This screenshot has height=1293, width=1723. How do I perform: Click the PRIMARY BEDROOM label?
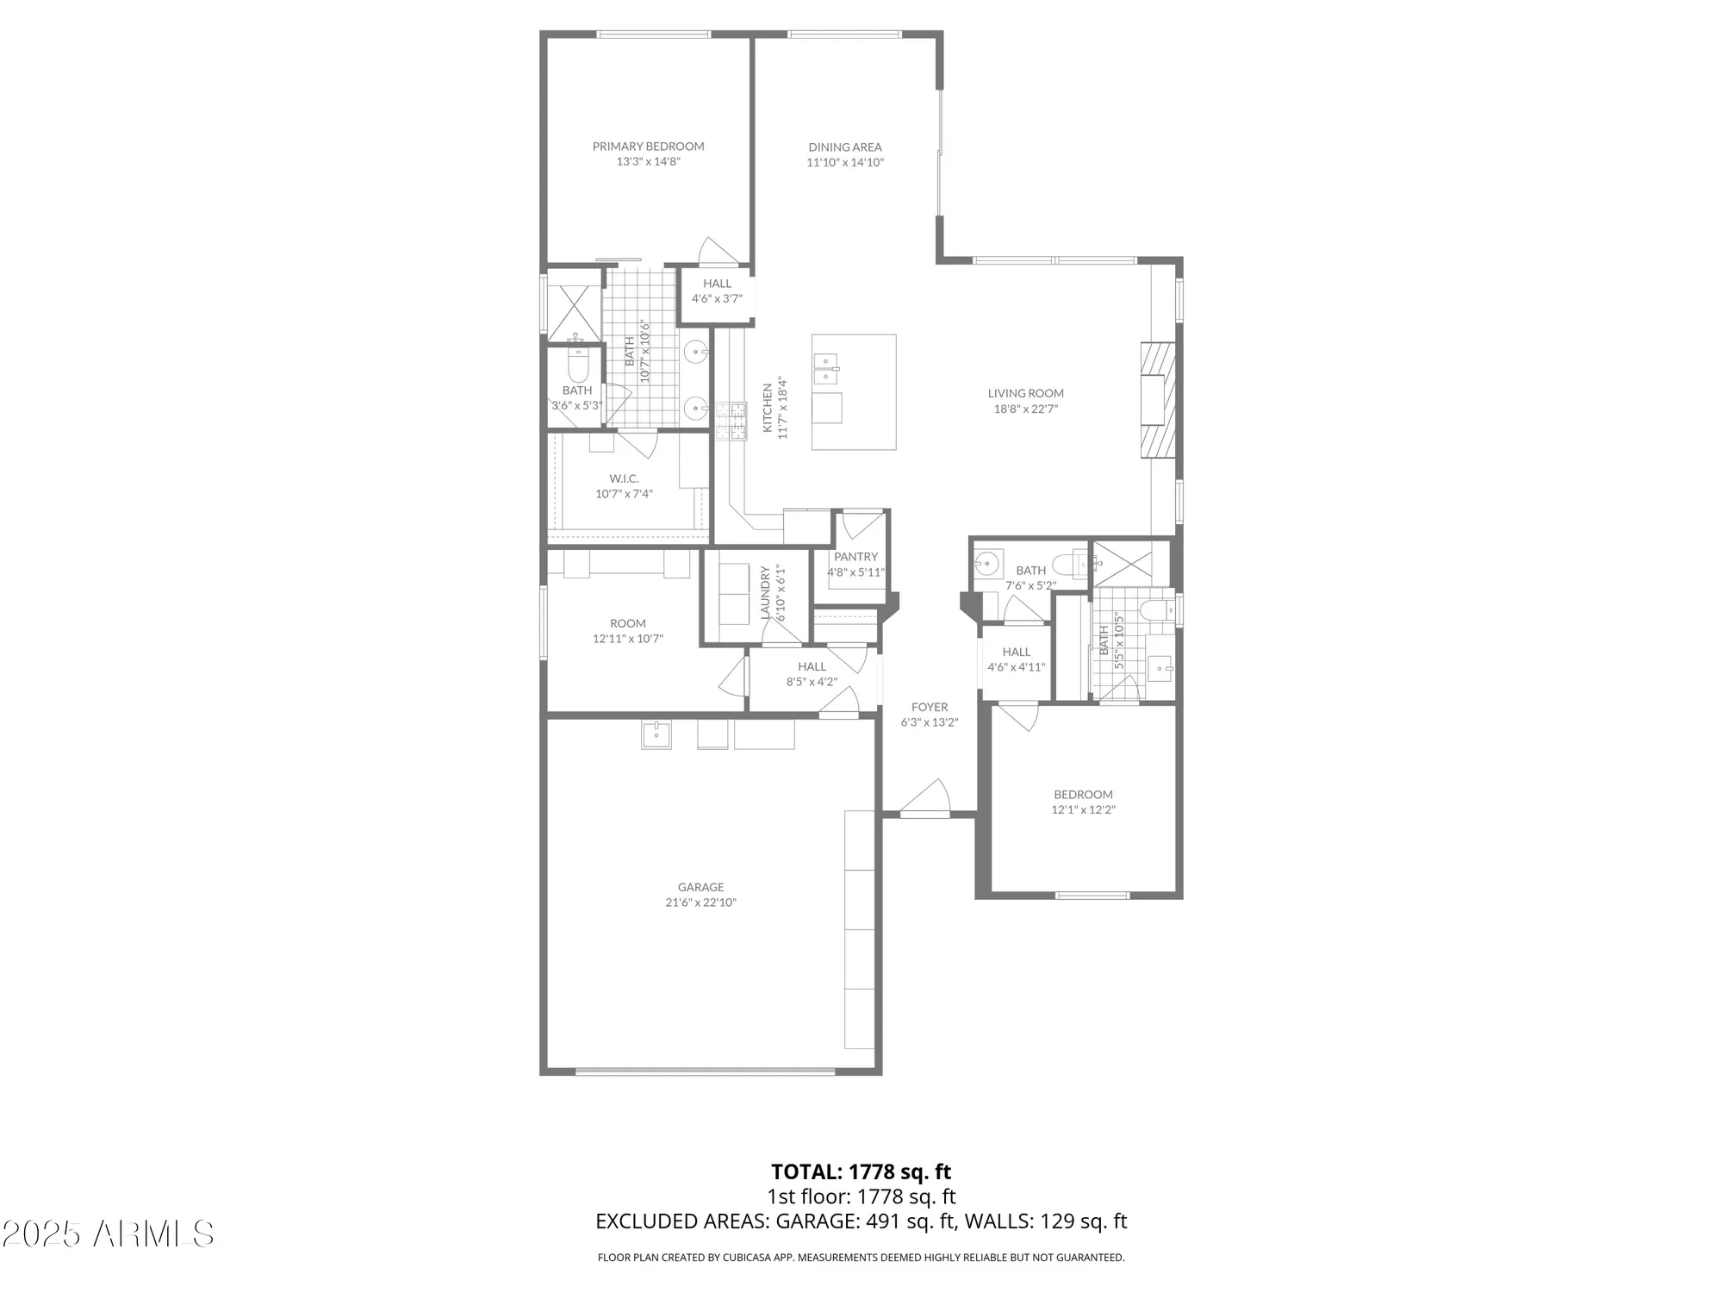tap(648, 147)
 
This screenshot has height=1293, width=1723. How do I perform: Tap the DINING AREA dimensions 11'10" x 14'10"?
tap(845, 163)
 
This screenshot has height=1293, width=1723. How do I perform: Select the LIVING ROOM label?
tap(1025, 393)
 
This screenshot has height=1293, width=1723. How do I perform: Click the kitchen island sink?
tap(826, 369)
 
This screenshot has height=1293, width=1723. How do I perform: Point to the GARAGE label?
tap(700, 887)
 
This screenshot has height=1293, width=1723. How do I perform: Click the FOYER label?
tap(930, 707)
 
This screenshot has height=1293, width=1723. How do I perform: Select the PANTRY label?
tap(855, 557)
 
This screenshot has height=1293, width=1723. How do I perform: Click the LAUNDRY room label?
tap(764, 592)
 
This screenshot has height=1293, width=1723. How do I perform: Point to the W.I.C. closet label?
tap(624, 478)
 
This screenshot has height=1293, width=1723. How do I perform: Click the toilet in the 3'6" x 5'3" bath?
tap(577, 365)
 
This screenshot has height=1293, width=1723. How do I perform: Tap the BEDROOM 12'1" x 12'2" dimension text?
tap(1083, 810)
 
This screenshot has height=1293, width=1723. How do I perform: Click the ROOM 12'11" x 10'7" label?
tap(627, 623)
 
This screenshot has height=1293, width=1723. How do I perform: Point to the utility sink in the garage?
tap(656, 734)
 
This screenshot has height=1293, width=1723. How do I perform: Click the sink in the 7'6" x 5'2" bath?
tap(986, 565)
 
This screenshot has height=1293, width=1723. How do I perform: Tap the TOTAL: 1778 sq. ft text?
tap(861, 1172)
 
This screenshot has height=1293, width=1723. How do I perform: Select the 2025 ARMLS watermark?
tap(108, 1234)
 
